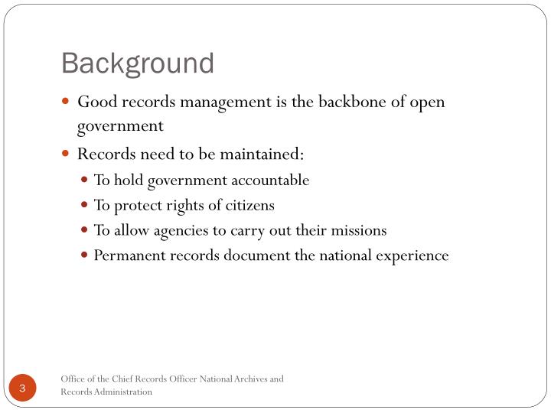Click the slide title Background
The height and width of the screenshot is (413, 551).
pos(138,63)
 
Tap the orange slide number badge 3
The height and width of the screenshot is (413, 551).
pos(23,389)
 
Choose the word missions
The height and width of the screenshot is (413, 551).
pos(358,230)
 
